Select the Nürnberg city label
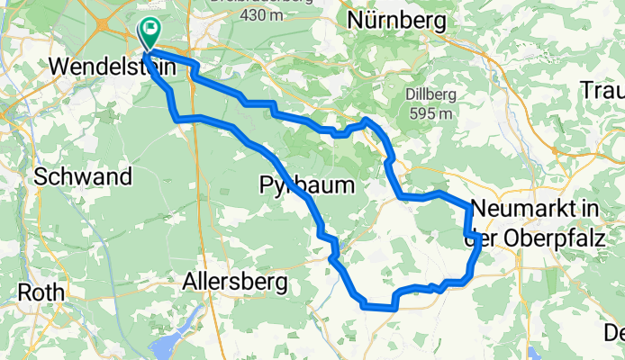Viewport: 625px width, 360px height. click(390, 19)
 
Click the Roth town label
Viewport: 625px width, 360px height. click(42, 293)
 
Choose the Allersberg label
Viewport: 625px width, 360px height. click(235, 283)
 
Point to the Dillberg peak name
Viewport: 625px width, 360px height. click(428, 94)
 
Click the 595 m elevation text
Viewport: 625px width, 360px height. click(429, 113)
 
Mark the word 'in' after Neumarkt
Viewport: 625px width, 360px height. click(590, 208)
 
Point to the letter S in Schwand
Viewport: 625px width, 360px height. click(41, 176)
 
